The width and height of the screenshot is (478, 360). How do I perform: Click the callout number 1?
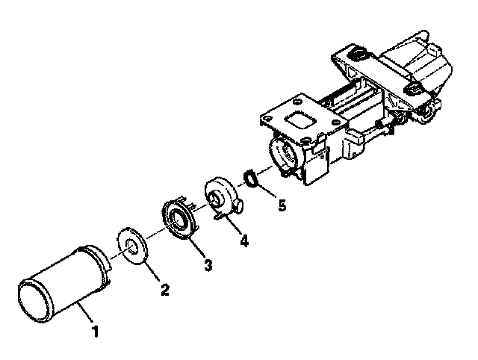(x=96, y=332)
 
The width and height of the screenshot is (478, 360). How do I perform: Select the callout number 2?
(x=165, y=290)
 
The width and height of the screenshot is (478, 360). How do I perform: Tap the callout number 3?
(x=208, y=265)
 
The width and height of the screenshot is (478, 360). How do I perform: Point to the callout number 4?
(x=244, y=240)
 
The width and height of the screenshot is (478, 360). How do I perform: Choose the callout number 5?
(x=282, y=205)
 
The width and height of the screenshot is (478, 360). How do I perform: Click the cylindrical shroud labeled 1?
(x=63, y=284)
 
